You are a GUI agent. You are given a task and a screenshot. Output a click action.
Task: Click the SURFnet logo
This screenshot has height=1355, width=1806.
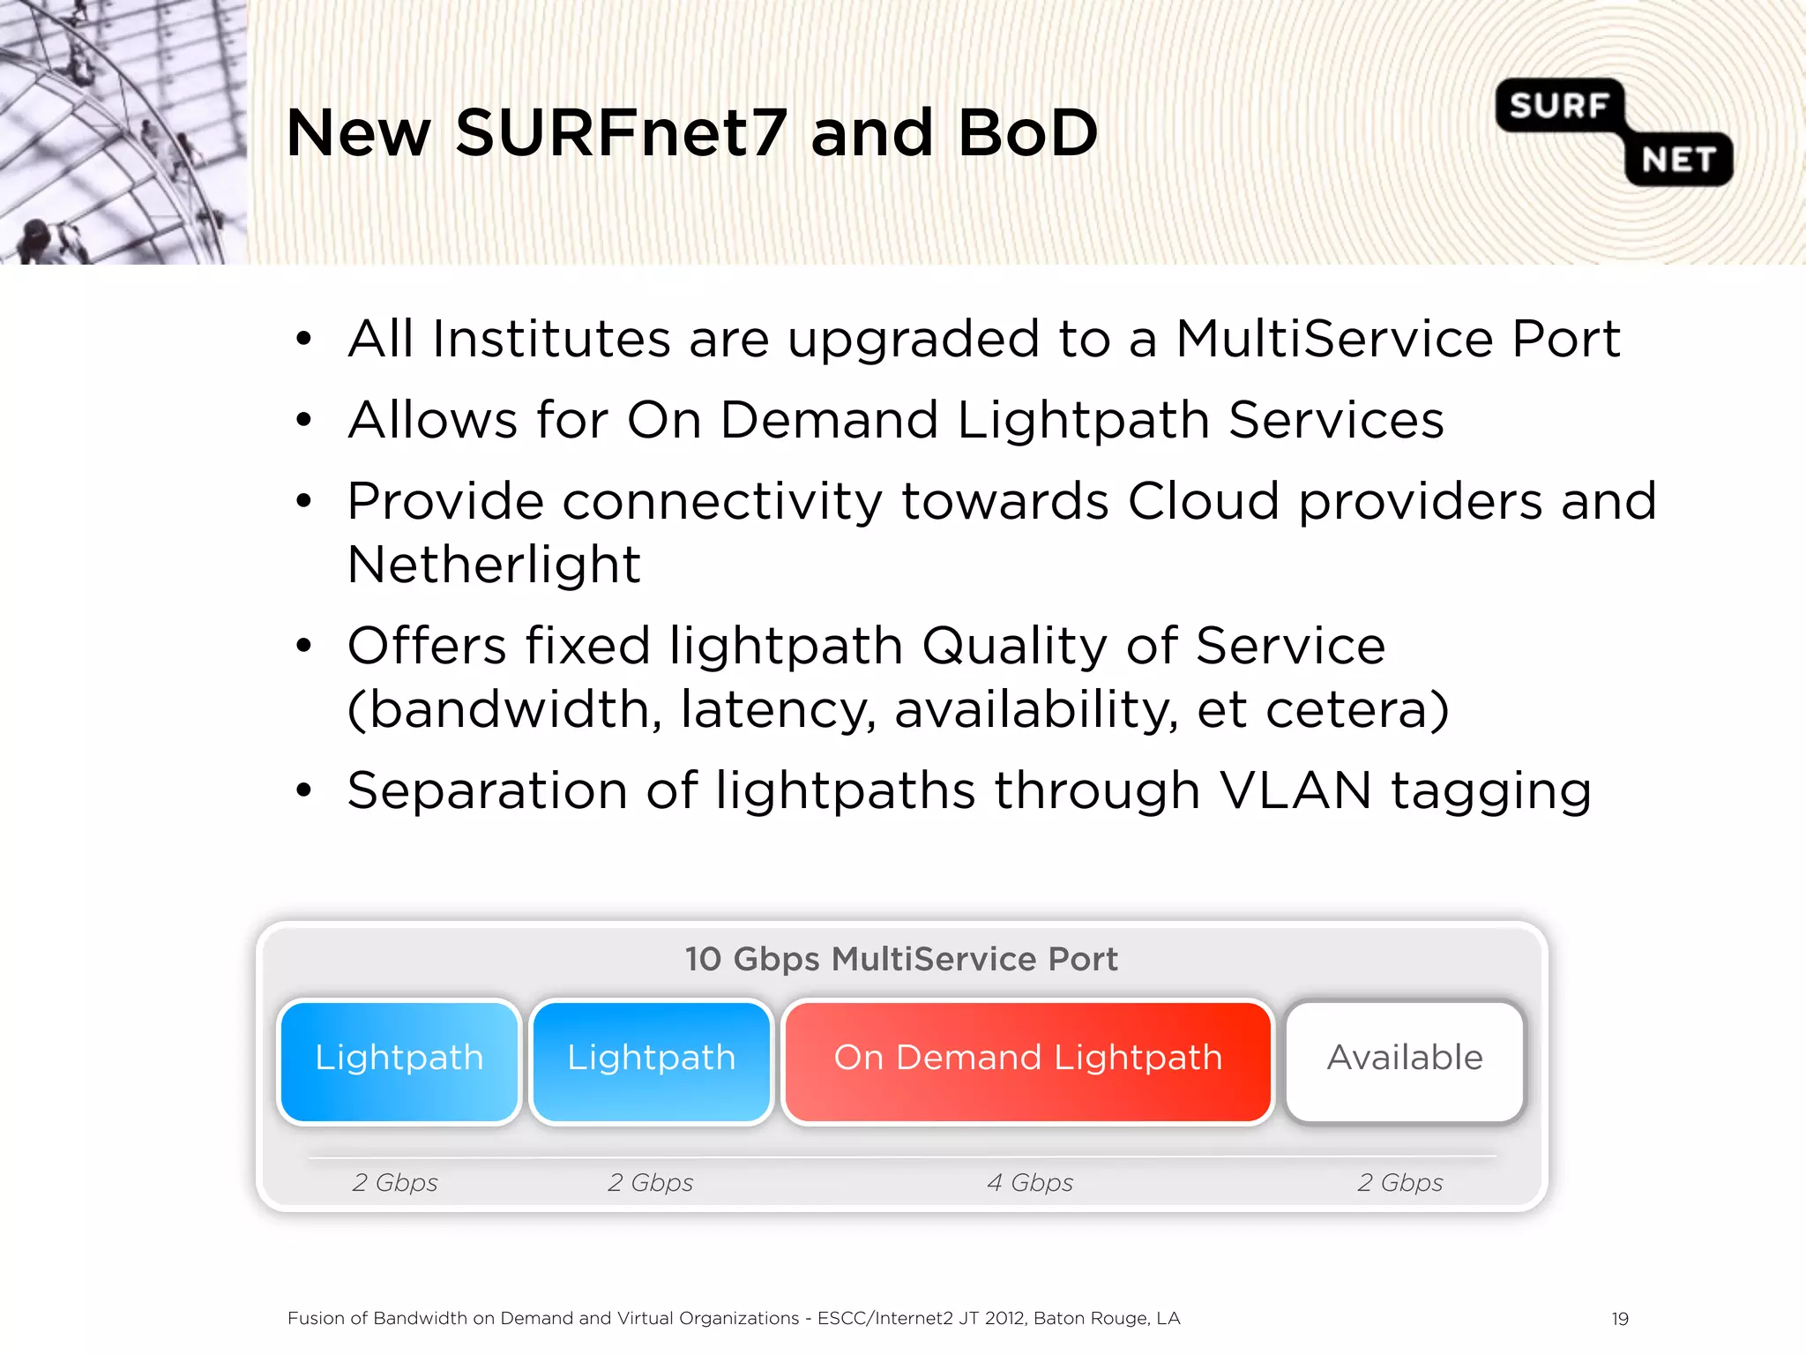coord(1614,132)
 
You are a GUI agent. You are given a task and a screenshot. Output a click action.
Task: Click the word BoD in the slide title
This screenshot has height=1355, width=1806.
coord(1027,133)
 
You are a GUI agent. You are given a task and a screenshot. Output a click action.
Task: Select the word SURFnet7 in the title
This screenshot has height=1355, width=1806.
coord(620,133)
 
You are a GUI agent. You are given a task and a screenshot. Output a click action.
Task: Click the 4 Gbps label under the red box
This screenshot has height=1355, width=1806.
coord(1030,1182)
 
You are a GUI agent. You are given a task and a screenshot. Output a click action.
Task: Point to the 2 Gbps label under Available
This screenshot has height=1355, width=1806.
coord(1399,1182)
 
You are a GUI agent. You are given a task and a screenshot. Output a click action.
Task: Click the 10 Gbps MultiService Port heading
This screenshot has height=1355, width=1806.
coord(901,959)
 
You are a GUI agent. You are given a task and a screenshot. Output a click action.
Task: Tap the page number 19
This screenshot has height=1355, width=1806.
coord(1620,1319)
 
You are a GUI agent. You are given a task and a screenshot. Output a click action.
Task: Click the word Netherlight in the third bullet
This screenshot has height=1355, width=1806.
coord(494,565)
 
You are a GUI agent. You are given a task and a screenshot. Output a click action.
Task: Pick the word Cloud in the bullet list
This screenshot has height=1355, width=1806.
coord(1204,501)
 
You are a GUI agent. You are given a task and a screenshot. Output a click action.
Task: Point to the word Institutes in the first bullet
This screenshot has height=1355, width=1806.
coord(551,339)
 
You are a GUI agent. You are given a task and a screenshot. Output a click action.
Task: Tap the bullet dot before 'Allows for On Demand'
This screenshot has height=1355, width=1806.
coord(304,420)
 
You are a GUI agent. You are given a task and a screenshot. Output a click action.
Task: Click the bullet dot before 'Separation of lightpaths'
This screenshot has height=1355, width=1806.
coord(304,790)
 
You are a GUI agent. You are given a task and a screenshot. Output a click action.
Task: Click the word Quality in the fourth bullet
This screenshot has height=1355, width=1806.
coord(1013,646)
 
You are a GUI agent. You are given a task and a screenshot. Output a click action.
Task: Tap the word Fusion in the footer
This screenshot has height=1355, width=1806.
coord(315,1319)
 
